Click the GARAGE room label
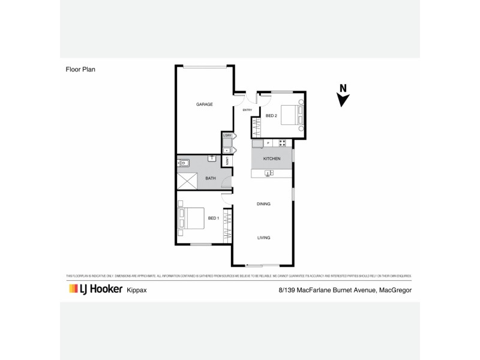coord(205,104)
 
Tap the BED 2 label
coord(271,115)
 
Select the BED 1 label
coord(213,218)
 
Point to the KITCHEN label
coord(272,158)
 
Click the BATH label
coord(211,178)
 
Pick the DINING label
coord(263,204)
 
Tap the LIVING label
coord(263,238)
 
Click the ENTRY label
coord(247,110)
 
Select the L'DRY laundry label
coord(227,136)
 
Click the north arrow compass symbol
coord(343,95)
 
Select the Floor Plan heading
coord(80,69)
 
